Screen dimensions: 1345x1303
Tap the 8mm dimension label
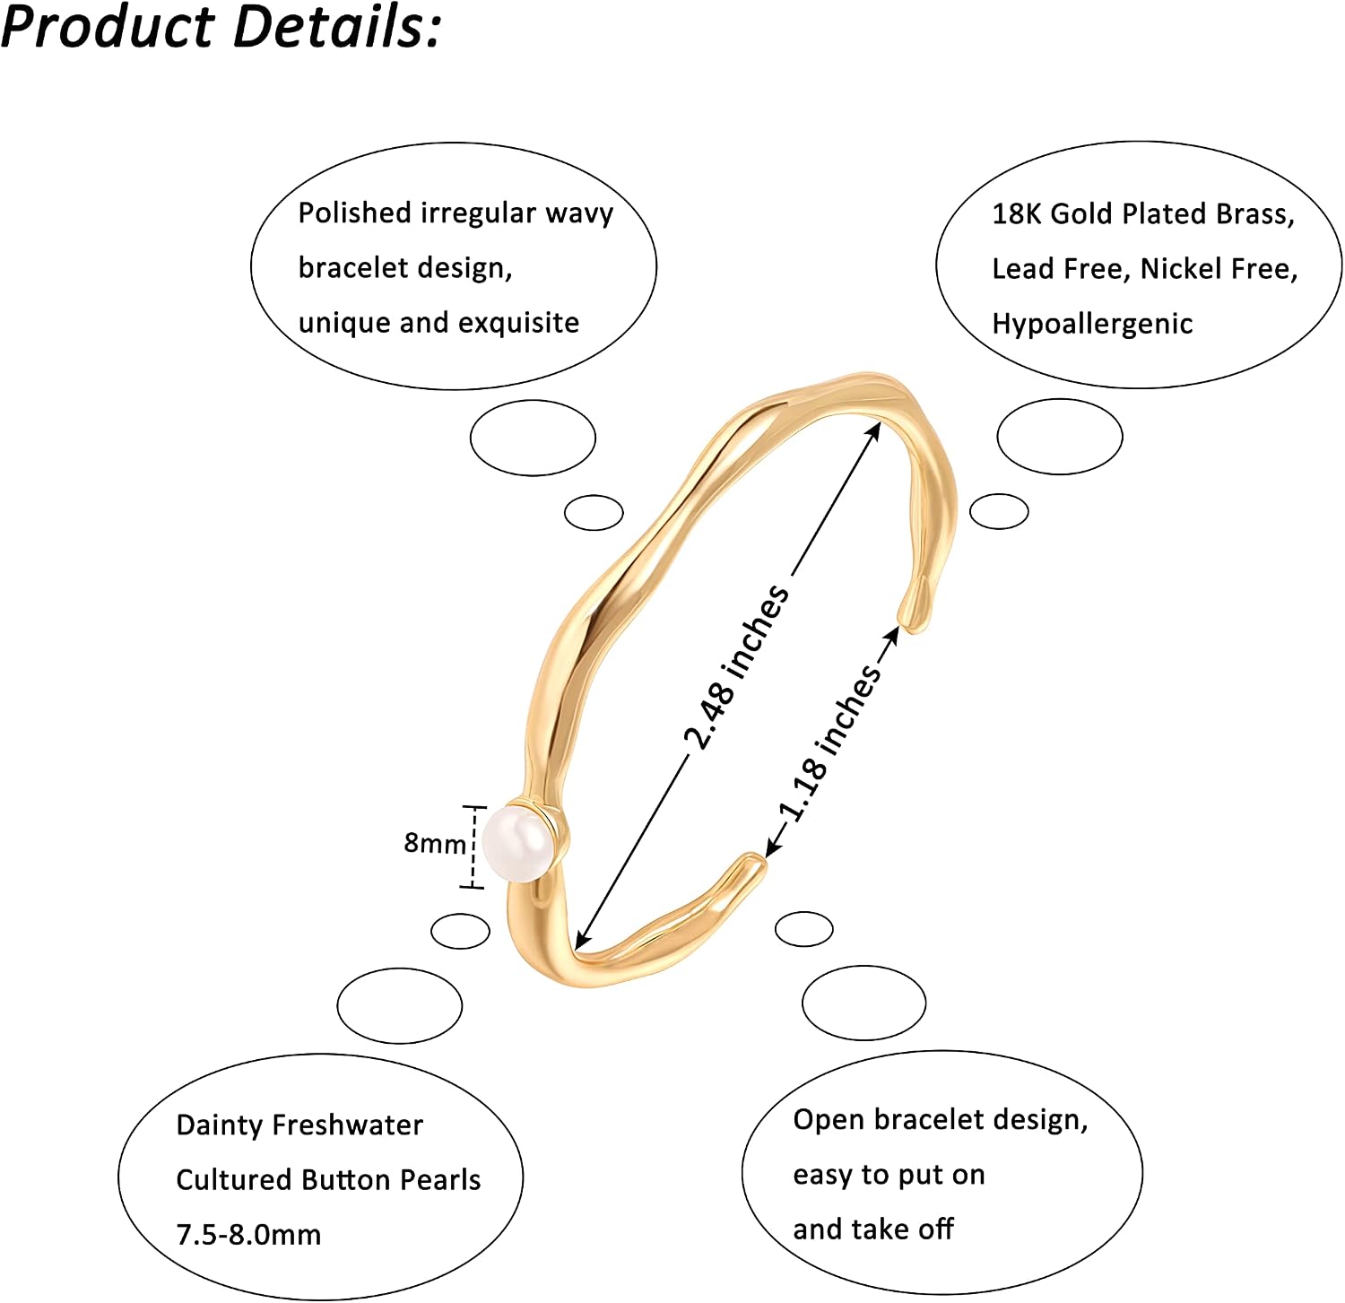435,843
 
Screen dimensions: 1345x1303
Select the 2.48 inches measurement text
737,667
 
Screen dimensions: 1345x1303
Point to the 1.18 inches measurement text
830,743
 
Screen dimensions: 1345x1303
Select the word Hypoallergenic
1092,325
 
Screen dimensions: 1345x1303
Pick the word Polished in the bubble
354,213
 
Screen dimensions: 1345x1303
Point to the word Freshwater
347,1125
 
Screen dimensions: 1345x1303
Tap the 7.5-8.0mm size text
248,1235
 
